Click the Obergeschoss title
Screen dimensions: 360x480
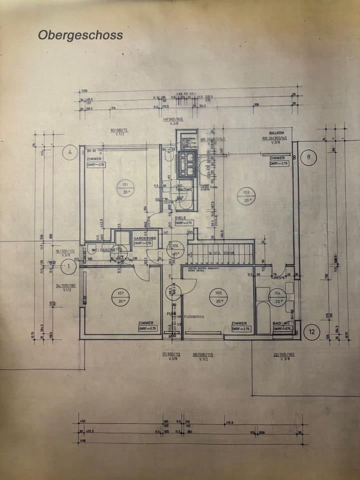80,35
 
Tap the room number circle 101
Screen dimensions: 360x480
125,187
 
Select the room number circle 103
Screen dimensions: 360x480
245,195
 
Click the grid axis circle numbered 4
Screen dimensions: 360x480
70,151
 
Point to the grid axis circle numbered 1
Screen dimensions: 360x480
68,266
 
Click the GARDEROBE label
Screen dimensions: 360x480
144,238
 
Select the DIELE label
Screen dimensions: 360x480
180,218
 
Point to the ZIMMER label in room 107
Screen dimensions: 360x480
146,323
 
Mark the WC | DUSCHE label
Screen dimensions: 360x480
100,250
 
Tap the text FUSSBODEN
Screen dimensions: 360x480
194,316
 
